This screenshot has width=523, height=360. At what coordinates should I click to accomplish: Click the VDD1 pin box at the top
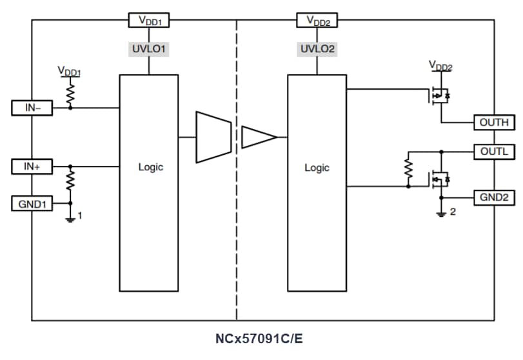[x=150, y=20]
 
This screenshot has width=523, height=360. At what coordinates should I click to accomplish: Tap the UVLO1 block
[x=150, y=48]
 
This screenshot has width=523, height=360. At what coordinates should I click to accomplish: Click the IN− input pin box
[x=32, y=108]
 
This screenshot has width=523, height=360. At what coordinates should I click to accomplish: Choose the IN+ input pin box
[x=32, y=166]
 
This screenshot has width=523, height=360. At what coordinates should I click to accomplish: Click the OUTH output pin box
[x=494, y=122]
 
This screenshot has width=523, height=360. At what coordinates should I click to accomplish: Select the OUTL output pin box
[x=494, y=152]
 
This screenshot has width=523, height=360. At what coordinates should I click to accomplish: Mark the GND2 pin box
[x=494, y=197]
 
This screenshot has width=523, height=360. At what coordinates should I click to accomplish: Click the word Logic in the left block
[x=151, y=167]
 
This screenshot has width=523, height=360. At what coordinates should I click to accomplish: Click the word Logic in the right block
[x=317, y=168]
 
